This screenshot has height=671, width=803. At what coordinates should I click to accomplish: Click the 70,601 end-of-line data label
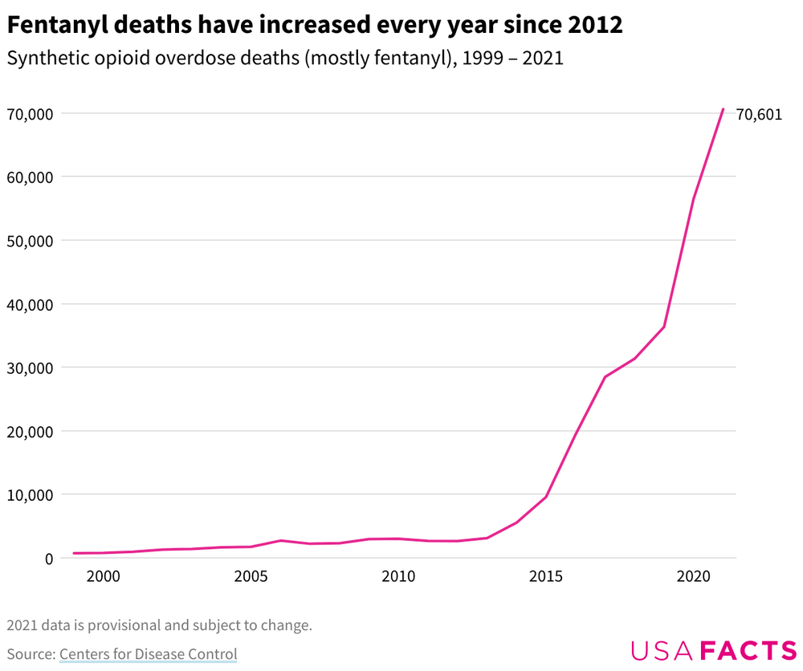coord(758,114)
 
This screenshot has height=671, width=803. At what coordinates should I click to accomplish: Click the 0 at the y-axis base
coord(49,559)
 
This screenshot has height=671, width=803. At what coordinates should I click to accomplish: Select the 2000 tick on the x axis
coord(103,576)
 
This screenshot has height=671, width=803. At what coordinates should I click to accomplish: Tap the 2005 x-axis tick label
coord(251,576)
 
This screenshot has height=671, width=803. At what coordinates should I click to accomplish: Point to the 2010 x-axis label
coord(398,576)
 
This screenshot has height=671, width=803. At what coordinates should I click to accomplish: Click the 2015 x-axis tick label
coord(546,576)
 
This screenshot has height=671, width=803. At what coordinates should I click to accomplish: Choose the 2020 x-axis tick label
coord(694,576)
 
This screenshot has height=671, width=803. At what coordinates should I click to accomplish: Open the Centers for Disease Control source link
coord(148,654)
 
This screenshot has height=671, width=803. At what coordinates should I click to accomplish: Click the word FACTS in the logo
coord(748,650)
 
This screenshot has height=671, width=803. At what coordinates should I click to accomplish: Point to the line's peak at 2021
coord(723,109)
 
